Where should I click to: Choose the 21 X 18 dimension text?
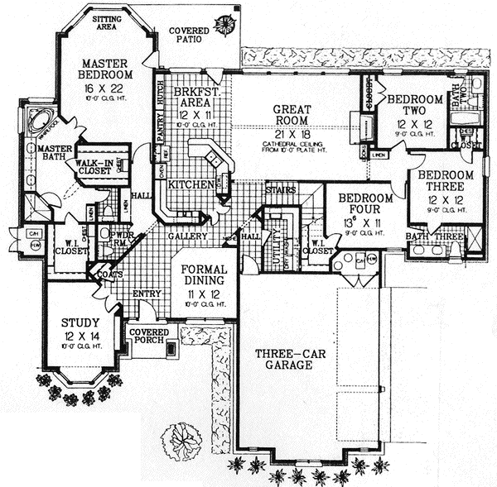(291, 133)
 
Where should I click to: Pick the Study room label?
(81, 322)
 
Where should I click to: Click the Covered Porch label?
(149, 336)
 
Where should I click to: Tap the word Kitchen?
(191, 186)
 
